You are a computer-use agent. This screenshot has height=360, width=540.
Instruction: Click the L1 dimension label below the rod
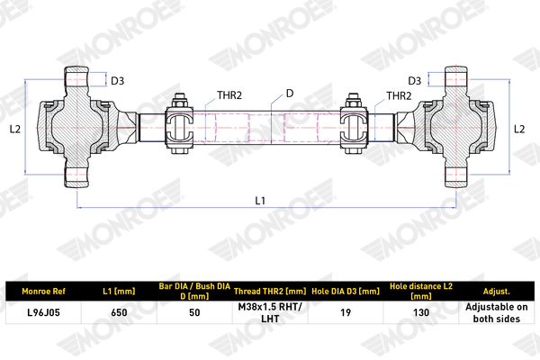pyautogui.click(x=260, y=200)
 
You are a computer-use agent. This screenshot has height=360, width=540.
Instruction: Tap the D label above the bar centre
pyautogui.click(x=290, y=94)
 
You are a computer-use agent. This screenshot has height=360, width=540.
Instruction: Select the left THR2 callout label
pyautogui.click(x=229, y=95)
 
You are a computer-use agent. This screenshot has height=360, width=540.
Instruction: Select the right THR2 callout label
pyautogui.click(x=399, y=95)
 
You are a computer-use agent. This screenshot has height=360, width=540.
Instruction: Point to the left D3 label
pyautogui.click(x=117, y=81)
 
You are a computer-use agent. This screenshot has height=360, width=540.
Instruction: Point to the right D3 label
pyautogui.click(x=415, y=81)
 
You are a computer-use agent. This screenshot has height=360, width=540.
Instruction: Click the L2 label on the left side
pyautogui.click(x=15, y=130)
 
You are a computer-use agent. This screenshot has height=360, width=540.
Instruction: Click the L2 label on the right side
pyautogui.click(x=519, y=130)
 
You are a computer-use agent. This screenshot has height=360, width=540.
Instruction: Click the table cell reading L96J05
pyautogui.click(x=43, y=312)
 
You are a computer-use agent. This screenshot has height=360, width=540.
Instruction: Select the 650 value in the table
pyautogui.click(x=119, y=312)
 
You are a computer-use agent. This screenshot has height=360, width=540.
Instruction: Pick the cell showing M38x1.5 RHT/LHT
pyautogui.click(x=270, y=313)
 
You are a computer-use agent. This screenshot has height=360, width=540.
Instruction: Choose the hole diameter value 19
pyautogui.click(x=346, y=312)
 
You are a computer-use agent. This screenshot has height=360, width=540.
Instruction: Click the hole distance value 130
pyautogui.click(x=421, y=312)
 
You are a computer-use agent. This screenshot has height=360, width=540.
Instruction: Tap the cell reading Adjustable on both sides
pyautogui.click(x=497, y=313)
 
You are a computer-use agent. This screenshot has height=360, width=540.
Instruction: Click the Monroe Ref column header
pyautogui.click(x=43, y=292)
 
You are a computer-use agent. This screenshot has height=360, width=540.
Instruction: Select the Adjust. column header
pyautogui.click(x=497, y=292)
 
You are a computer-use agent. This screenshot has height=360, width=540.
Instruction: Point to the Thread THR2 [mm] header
pyautogui.click(x=270, y=292)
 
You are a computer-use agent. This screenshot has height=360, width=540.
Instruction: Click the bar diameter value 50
pyautogui.click(x=194, y=312)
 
